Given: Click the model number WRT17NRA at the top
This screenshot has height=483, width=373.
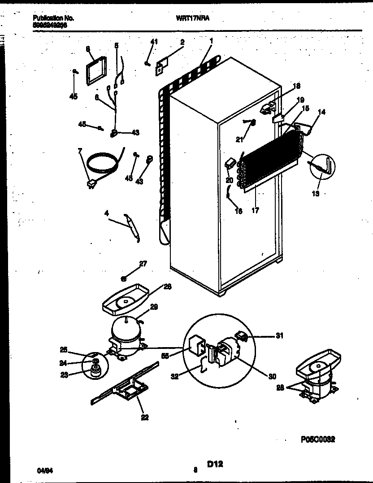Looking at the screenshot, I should (193, 18).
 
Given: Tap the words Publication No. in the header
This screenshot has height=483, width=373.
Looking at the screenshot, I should (53, 18).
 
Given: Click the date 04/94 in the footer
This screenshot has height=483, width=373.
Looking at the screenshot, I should (44, 470).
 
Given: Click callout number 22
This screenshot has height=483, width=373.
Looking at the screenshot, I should (144, 418).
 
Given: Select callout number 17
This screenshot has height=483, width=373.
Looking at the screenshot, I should (255, 209).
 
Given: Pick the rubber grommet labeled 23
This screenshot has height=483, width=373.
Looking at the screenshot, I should (94, 370).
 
